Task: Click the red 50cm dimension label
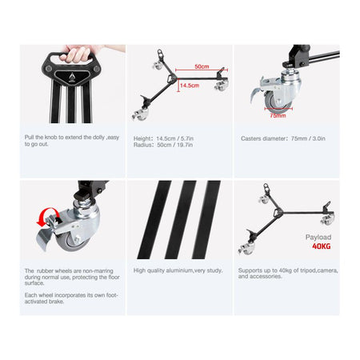[x=202, y=66]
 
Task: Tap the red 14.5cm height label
[x=190, y=86]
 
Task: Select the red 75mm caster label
[x=278, y=115]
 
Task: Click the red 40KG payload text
[x=322, y=246]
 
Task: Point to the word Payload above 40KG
[x=318, y=237]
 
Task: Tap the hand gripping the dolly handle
[x=80, y=53]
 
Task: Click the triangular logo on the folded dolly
[x=71, y=78]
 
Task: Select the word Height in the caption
[x=142, y=138]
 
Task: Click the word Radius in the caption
[x=142, y=145]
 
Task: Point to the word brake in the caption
[x=56, y=302]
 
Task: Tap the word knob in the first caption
[x=51, y=138]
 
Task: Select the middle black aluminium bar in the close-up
[x=180, y=220]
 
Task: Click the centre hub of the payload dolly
[x=278, y=213]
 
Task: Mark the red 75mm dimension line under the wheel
[x=278, y=109]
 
